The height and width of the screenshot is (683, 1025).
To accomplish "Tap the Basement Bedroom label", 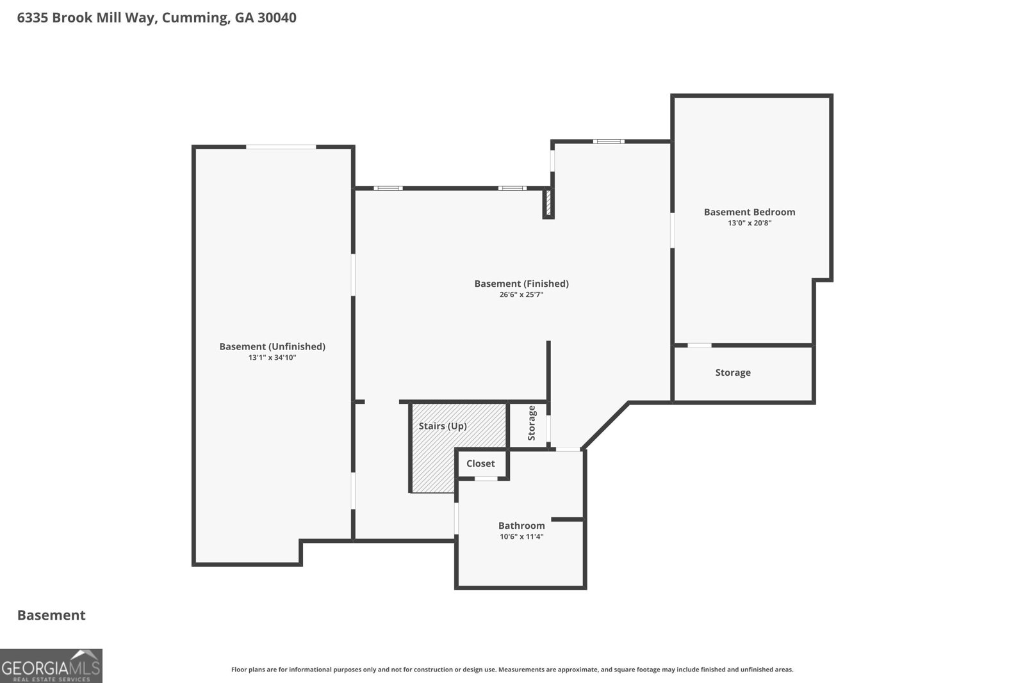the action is tap(750, 212).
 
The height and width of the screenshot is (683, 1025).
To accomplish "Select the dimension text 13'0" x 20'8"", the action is tap(750, 223).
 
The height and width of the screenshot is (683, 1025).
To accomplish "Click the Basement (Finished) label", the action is tap(521, 284).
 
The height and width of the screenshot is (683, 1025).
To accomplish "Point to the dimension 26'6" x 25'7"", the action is tap(521, 294).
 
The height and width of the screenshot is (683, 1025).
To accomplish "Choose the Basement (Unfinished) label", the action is tap(272, 346).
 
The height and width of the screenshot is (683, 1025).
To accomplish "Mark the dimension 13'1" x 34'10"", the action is tap(272, 357).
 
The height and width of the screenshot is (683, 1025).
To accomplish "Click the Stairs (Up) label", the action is tap(443, 426).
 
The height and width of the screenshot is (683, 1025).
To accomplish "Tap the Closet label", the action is tap(480, 463).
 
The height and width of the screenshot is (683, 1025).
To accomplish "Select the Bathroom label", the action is tap(521, 526).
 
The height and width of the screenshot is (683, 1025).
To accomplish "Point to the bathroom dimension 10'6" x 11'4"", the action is tap(521, 536).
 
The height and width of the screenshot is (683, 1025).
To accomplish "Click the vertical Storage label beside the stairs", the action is tap(531, 423).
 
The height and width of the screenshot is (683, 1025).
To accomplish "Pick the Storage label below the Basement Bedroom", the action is tap(733, 373).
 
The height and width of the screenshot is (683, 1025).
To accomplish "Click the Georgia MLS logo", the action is tap(51, 666).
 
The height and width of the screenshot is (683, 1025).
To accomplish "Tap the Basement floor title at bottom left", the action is tap(51, 615).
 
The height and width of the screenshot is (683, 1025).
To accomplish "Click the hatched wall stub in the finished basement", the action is tap(548, 204).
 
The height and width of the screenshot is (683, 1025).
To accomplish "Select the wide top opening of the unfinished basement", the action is tap(281, 147).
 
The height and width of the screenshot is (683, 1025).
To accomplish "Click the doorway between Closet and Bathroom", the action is tap(486, 479).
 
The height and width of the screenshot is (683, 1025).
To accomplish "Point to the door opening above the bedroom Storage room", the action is tap(700, 345).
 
